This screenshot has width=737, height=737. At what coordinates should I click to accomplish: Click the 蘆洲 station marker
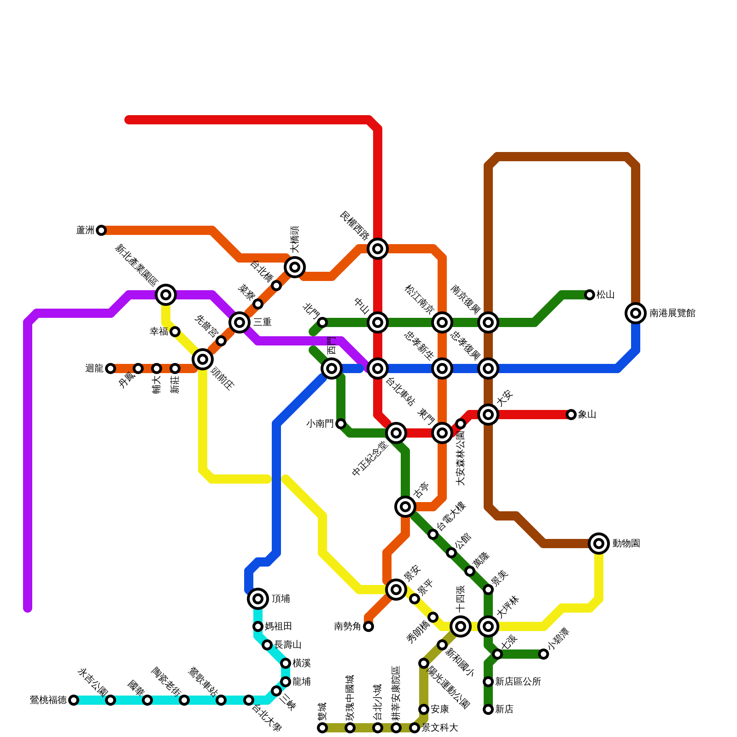(x=101, y=230)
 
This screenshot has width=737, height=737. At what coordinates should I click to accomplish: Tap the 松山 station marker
(x=590, y=295)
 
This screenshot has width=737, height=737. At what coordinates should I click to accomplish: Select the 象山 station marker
(x=571, y=415)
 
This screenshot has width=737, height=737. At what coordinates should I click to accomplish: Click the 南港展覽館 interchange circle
(x=636, y=313)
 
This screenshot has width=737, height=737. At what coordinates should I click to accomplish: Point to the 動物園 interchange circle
(x=599, y=544)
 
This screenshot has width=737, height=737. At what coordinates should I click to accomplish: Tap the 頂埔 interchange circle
(x=258, y=599)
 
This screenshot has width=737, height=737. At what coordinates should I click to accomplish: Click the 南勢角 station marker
(x=368, y=626)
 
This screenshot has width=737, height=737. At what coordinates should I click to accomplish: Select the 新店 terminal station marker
(x=488, y=709)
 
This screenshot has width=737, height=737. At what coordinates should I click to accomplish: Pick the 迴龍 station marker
(x=111, y=368)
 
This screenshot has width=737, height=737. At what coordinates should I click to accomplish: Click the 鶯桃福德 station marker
(x=74, y=700)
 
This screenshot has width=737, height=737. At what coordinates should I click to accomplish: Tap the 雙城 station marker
(x=322, y=728)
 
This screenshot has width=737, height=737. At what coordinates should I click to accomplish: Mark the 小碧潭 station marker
(x=544, y=654)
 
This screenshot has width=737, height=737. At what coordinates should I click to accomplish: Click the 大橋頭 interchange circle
(x=295, y=267)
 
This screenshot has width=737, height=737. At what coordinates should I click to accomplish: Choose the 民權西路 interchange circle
(x=378, y=249)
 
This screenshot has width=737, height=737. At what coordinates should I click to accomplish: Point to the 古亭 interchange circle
(x=405, y=507)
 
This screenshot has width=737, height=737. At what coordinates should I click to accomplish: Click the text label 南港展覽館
(x=672, y=313)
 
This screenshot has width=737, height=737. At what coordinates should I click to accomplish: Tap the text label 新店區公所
(x=518, y=682)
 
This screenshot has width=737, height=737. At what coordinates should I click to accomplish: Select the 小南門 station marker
(x=341, y=424)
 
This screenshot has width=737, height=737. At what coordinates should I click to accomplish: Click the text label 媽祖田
(x=278, y=626)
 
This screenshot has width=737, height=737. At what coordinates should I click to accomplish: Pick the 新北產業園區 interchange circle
(x=166, y=295)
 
